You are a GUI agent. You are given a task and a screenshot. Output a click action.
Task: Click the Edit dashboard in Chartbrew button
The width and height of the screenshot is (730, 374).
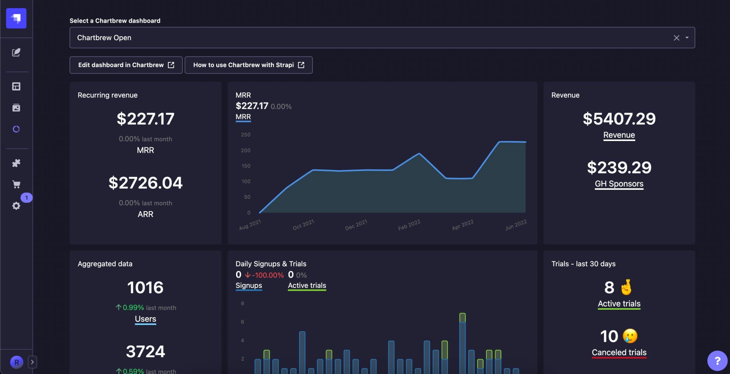pos(126,65)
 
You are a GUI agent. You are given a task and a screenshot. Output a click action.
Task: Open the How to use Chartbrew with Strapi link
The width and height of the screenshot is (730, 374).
pos(249,65)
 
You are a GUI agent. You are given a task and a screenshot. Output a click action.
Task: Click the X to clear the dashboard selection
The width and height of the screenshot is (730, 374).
pos(676,38)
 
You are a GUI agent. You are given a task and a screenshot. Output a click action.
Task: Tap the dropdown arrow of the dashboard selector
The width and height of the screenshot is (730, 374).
pos(687,38)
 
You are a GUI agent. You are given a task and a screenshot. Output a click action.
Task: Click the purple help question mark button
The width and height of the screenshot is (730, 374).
pos(717,361)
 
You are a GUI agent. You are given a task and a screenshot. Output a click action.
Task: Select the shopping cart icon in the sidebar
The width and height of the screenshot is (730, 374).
pos(16,184)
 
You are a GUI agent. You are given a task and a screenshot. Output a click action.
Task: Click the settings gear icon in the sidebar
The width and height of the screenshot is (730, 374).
pos(16,206)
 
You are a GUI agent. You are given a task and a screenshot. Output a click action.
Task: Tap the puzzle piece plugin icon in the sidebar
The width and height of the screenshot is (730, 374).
pos(16,163)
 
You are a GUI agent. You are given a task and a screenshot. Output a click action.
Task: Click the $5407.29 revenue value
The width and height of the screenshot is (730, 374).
pos(619,119)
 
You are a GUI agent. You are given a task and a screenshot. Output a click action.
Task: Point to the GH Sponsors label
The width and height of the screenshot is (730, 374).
pos(619,184)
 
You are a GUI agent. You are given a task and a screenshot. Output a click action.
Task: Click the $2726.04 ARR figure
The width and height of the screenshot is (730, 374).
pos(145,183)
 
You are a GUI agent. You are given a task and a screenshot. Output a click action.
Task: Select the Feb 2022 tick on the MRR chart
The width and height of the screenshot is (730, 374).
pos(409,225)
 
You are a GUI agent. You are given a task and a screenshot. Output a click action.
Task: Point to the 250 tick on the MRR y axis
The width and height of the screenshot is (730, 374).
pos(245,135)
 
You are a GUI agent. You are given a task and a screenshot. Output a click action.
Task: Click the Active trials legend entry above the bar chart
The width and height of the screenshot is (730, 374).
pos(307,286)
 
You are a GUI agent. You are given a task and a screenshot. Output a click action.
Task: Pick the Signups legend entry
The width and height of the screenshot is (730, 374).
pos(249,286)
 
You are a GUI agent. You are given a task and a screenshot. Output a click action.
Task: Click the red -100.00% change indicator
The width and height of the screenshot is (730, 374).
pos(264,275)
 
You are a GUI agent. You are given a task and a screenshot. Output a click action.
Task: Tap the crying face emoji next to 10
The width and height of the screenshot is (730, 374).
pos(630,336)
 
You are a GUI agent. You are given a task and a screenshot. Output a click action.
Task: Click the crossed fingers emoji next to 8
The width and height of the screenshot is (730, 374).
pos(626,288)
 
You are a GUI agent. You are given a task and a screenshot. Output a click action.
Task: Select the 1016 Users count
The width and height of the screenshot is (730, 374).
pos(145,288)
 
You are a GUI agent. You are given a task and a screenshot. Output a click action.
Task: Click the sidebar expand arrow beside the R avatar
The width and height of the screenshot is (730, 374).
pos(32,362)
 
